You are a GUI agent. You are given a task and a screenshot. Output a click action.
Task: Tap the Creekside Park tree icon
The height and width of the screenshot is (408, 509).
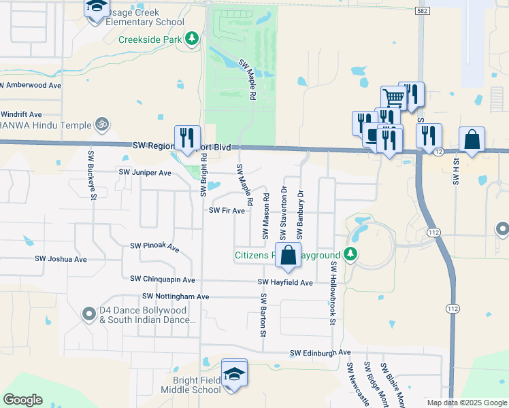coord(193,39)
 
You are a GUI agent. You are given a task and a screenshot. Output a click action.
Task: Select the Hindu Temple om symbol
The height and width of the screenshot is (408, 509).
coord(102,124)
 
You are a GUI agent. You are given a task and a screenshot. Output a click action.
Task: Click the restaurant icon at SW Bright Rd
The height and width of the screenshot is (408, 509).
coord(185,137)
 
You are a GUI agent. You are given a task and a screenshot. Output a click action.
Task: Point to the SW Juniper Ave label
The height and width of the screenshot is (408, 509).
coord(145,173)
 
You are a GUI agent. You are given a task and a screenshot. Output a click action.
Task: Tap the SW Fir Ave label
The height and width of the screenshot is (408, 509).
coord(227,211)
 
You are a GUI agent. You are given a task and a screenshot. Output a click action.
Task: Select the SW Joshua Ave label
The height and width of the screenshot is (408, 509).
coord(61,259)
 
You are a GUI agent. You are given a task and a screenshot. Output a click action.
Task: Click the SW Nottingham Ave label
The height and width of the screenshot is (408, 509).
coord(176,296)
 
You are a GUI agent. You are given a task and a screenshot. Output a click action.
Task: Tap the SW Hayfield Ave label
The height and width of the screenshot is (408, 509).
coord(285,282)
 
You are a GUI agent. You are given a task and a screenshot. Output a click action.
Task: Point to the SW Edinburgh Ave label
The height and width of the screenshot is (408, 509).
coord(320,353)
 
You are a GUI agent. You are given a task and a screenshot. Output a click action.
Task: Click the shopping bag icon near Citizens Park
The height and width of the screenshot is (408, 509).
coord(288,255)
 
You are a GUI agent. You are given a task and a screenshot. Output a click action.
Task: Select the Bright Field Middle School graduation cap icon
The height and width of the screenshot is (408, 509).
coord(234,373)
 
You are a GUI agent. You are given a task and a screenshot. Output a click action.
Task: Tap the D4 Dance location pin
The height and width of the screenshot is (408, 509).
coord(88,314)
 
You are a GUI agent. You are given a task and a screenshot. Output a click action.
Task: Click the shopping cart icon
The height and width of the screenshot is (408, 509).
coord(393,99)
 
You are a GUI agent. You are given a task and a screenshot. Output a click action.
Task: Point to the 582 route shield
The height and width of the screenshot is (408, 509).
coord(422,11)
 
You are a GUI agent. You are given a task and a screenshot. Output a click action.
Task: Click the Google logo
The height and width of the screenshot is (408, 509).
coord(22,400)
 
